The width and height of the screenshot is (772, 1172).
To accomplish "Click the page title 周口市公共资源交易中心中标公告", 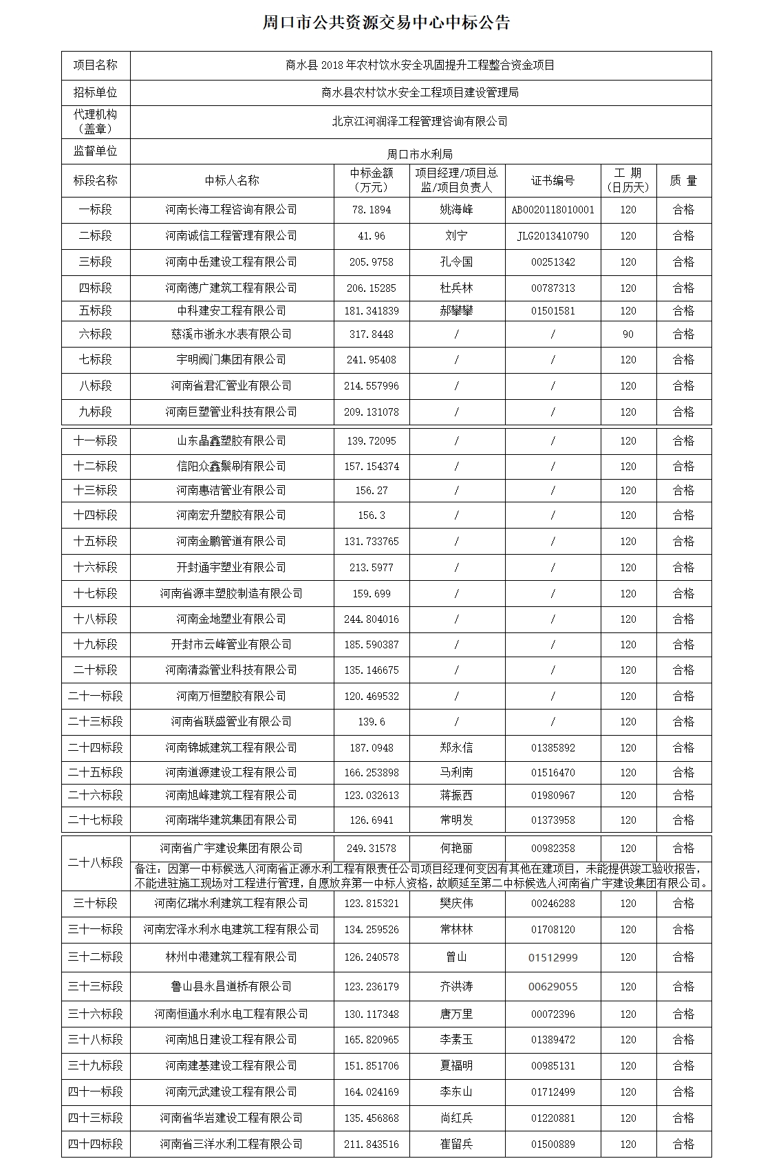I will pos(386,23).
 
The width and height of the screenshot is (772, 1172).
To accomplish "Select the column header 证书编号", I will pos(553,180).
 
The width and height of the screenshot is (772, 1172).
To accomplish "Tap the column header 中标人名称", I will pos(232,180).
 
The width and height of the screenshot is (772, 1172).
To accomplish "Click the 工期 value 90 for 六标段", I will pos(628,334).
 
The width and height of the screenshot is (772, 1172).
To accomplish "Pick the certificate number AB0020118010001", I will pos(553,210).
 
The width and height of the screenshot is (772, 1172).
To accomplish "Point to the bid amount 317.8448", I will pos(372,334).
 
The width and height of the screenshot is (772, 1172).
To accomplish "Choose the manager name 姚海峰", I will pos(456,210).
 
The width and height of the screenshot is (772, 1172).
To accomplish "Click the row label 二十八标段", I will pos(96,862).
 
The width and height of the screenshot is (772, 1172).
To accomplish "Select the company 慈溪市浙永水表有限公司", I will pos(231,334).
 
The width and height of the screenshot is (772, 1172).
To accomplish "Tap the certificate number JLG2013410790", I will pos(553,236).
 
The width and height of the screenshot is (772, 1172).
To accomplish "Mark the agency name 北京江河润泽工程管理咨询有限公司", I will pos(420,122).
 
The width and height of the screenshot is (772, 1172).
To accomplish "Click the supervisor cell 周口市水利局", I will pos(420,154).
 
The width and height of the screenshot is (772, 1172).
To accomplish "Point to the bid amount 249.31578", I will pos(372,849).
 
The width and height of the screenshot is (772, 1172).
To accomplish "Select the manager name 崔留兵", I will pos(456,1144).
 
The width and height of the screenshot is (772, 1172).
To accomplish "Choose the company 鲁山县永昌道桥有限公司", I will pos(231,986).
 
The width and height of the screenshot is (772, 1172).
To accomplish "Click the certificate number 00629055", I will pos(553,986).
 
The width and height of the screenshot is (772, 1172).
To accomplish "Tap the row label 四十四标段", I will pos(96,1144).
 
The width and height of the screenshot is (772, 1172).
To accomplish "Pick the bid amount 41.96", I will pos(372,236).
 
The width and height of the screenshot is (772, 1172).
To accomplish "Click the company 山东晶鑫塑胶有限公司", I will pos(231,440).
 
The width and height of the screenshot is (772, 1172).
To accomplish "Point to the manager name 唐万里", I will pos(456,1014).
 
